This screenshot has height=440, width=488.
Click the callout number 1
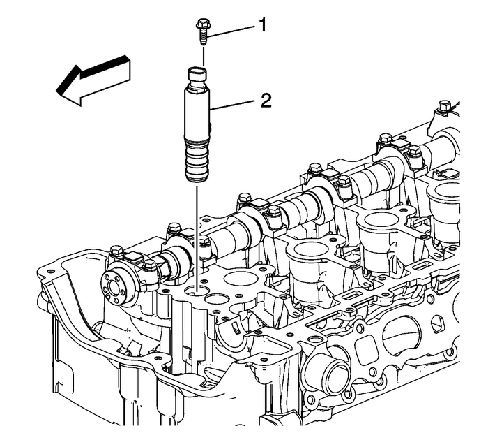tap(262, 26)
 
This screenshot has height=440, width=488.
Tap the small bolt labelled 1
tap(201, 31)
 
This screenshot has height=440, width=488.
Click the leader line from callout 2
tap(234, 105)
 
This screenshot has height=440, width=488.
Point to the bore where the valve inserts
tap(201, 285)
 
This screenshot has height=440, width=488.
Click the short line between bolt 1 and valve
tap(202, 55)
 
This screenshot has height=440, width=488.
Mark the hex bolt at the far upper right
tap(443, 107)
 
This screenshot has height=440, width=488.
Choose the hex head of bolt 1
tap(201, 25)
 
